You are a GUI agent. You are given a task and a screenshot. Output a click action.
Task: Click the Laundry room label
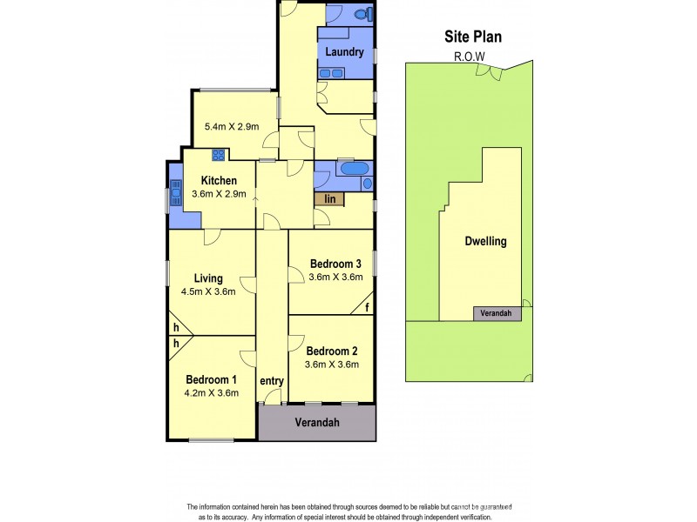343,52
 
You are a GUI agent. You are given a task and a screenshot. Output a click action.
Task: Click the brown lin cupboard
330,199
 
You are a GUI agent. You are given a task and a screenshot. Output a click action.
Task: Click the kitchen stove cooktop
218,156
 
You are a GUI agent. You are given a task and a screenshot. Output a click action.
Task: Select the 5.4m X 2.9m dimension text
226,126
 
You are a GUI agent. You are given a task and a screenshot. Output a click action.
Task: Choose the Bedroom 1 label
211,379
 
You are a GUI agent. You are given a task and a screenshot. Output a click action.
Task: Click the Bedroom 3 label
335,264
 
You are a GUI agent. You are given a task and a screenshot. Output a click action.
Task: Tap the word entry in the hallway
272,381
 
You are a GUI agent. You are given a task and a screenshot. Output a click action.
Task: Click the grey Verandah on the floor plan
316,423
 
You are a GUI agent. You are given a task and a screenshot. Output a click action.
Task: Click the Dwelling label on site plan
484,242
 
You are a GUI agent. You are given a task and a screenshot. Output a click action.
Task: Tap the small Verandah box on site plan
492,313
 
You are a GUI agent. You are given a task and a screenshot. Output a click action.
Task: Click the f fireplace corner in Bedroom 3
368,306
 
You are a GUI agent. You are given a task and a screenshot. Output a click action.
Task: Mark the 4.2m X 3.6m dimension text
211,393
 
